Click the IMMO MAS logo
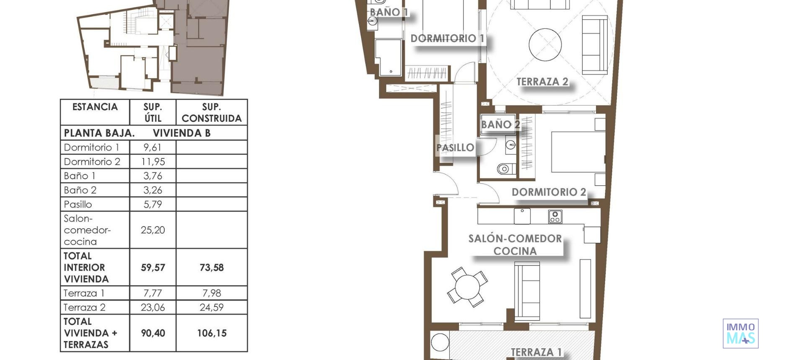pos(740,334)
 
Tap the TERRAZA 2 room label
pos(542,82)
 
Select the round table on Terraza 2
pos(545,44)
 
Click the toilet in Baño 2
pos(504,169)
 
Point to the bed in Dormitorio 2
pos(578,152)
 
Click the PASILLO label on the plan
pos(455,148)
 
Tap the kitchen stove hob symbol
pos(555,216)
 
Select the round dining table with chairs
pos(467,287)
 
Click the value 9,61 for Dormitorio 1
pos(152,147)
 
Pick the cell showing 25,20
pos(152,230)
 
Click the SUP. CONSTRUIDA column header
pos(211,113)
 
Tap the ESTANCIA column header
pos(95,107)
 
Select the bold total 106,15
pos(211,333)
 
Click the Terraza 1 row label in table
pos(84,293)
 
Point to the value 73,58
pos(211,267)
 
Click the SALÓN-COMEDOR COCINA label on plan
pos(515,245)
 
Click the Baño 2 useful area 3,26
pos(152,190)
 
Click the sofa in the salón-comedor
pos(527,291)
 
